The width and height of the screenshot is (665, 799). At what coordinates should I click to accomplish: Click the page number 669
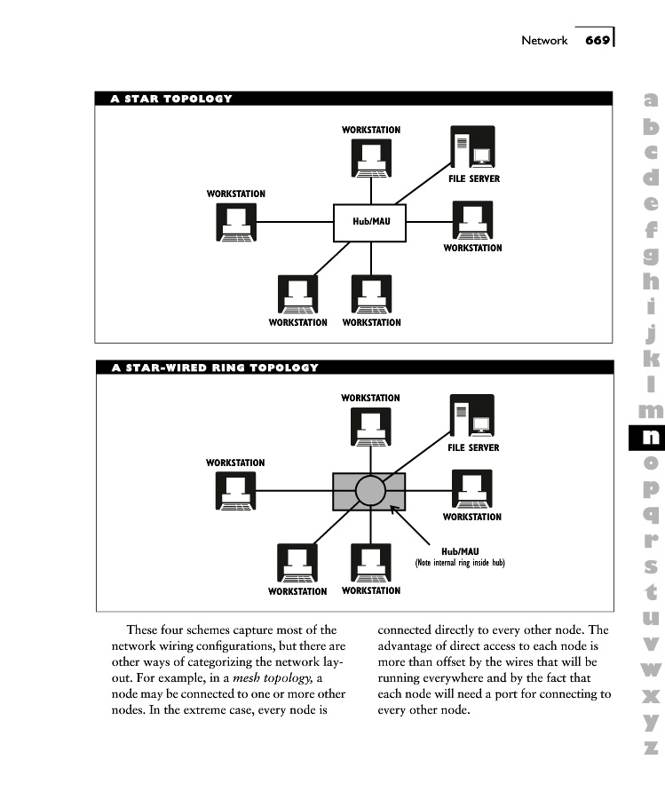pos(598,40)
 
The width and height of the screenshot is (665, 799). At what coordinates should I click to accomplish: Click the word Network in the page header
pos(543,41)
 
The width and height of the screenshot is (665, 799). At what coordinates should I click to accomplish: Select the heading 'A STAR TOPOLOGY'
pos(171,99)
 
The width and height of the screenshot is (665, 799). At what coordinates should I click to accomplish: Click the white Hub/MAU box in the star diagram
pos(370,222)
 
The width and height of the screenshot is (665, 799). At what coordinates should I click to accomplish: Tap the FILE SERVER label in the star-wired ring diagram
pos(473,447)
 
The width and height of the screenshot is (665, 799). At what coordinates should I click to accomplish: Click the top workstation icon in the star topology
pos(370,158)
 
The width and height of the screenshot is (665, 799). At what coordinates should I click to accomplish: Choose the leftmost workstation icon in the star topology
pos(236,222)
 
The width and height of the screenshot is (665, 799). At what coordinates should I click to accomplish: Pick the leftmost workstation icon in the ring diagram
pos(236,491)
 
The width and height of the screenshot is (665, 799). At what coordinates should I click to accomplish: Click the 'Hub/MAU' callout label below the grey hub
pos(460,551)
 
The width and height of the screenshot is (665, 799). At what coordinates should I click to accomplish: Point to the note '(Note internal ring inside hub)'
pos(460,563)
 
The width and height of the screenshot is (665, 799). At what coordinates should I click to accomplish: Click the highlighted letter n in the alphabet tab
pos(651,437)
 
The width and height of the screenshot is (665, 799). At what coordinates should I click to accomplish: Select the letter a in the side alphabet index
pos(652,100)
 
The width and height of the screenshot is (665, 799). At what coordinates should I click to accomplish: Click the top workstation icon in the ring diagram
pos(370,426)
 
